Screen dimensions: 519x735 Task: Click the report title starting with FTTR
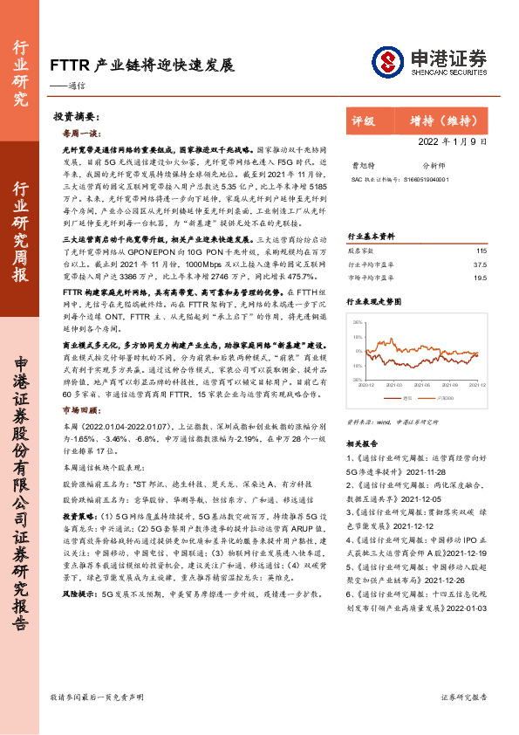click(141, 65)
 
